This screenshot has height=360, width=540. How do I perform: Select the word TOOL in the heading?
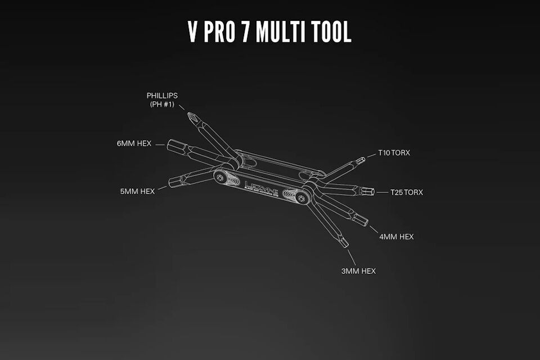[332, 32]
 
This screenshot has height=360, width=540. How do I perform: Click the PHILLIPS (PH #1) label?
[162, 100]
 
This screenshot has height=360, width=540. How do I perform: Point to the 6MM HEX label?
[134, 143]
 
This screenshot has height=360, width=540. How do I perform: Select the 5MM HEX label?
[137, 191]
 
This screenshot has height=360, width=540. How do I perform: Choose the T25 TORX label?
[407, 192]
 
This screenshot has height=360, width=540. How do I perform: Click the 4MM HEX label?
[397, 237]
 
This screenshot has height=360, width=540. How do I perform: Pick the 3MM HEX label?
[358, 271]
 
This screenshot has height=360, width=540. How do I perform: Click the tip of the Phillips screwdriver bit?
[191, 116]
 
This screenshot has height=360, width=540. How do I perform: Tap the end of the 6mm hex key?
[170, 145]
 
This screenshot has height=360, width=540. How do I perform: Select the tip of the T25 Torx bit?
[371, 192]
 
